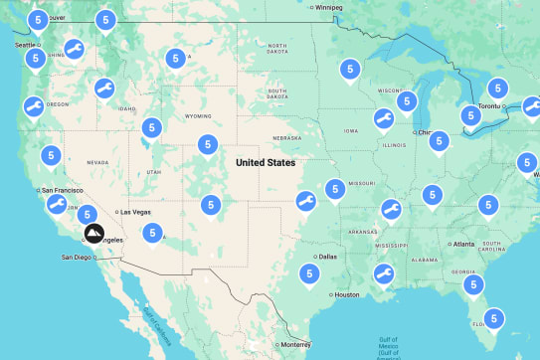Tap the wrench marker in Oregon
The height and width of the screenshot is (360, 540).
32,106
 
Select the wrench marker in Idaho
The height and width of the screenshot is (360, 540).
103,89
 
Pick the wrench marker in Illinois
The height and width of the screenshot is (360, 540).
382,119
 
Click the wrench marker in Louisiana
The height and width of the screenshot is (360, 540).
382,272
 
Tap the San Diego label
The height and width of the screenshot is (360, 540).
77,258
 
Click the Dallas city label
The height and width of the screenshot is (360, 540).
328,257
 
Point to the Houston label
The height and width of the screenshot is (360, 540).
346,294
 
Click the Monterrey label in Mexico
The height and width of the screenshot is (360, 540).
295,344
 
